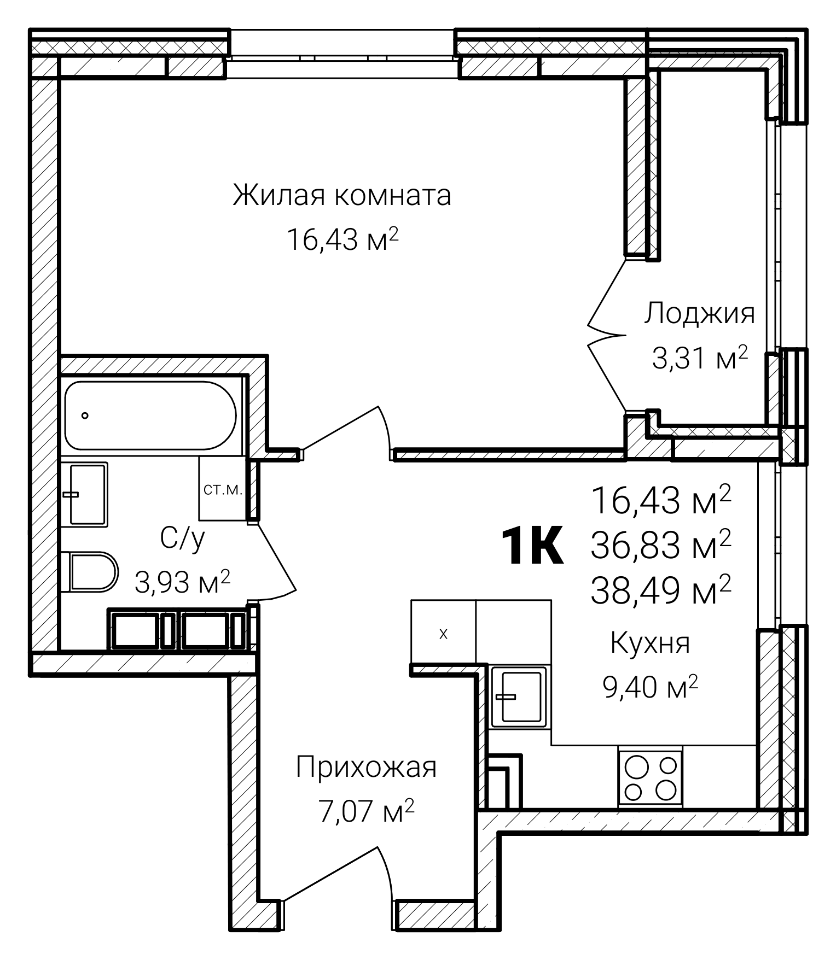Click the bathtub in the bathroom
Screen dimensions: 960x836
coord(150,415)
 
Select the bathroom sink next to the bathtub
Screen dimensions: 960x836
coord(88,494)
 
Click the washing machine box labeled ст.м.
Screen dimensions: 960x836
coord(222,488)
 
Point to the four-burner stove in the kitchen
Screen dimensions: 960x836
coord(651,777)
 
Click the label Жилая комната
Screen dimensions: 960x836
coord(342,195)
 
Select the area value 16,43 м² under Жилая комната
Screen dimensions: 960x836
coord(342,239)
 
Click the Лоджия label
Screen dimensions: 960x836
coord(699,314)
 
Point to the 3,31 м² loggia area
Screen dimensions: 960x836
coord(699,359)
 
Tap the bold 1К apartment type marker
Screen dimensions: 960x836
coord(532,546)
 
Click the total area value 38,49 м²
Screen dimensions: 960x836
coord(660,590)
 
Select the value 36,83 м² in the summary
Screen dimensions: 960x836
coord(660,546)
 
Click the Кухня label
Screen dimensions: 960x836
coord(650,643)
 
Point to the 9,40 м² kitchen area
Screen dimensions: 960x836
coord(650,687)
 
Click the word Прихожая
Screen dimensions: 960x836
coord(366,767)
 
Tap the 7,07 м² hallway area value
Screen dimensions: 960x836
coord(366,811)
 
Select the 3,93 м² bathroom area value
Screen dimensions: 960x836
coord(182,583)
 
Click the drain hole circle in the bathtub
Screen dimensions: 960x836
coord(85,415)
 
